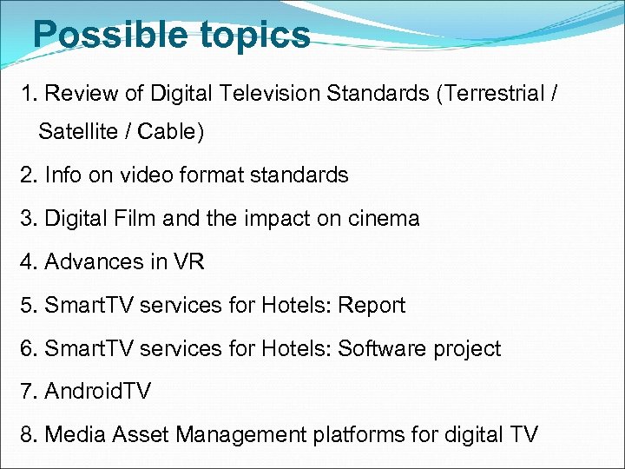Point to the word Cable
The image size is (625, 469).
point(171,132)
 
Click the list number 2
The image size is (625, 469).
point(27,175)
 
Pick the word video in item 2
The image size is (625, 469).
point(150,175)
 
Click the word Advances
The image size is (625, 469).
point(91,262)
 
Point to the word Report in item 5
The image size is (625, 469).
point(372,306)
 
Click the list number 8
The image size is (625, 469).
point(27,435)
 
